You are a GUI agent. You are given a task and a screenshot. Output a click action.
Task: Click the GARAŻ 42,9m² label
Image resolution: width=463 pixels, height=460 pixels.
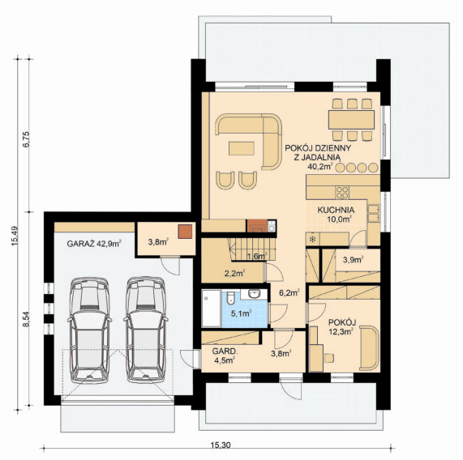coord(94,244)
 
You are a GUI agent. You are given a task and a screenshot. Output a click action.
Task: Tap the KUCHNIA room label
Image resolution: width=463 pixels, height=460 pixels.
coord(336,210)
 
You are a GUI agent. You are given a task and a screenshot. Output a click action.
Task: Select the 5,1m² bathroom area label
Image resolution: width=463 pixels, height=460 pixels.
coord(242,313)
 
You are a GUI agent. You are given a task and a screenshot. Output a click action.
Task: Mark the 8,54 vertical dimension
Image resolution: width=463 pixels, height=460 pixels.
coord(27,319)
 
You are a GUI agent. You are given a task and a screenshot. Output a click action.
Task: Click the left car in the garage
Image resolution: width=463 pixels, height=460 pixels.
coord(89,330)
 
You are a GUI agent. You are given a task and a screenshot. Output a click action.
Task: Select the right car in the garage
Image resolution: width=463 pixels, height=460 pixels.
coord(146,330)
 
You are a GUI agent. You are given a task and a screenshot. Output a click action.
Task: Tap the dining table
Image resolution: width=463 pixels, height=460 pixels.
coord(351,120)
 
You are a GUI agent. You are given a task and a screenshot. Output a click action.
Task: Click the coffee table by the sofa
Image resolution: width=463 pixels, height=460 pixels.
coord(242,148)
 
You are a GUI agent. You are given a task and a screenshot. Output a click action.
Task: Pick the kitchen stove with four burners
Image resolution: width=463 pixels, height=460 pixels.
coord(342,192)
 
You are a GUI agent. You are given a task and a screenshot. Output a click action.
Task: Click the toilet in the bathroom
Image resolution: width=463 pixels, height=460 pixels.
coord(230,298)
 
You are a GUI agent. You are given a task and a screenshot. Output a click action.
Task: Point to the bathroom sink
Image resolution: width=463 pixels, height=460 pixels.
coord(254,294)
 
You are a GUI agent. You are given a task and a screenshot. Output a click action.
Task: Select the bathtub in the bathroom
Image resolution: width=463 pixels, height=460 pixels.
coord(211,308)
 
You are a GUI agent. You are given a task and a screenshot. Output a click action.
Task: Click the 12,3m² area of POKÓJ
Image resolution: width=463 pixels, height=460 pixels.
coord(341,332)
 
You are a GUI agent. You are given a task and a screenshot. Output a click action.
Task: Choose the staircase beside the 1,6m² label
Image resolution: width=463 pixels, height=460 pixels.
coord(251,249)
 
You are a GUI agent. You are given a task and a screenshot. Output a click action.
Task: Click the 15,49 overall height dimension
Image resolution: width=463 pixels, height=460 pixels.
coord(15,236)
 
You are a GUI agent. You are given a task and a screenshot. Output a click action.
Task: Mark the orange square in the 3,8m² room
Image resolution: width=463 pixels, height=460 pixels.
coord(185,232)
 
